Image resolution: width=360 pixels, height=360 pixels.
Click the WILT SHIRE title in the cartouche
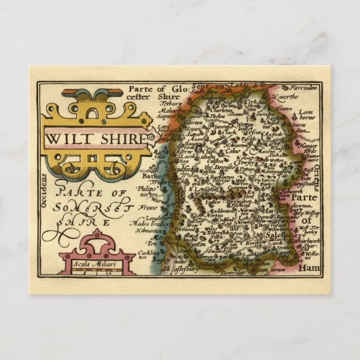95,137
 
